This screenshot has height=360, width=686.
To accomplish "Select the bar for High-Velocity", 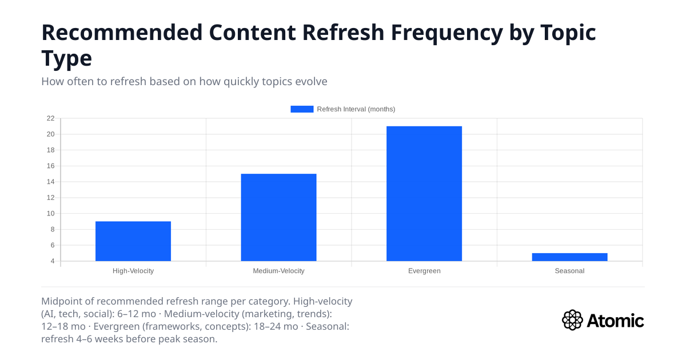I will click(x=133, y=241).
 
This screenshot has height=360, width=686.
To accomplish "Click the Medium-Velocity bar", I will click(x=278, y=218).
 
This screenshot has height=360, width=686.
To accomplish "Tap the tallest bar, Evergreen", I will click(x=424, y=194).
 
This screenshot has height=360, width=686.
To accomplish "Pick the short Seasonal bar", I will click(x=569, y=257).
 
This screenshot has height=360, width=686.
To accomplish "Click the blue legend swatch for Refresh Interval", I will click(x=302, y=109).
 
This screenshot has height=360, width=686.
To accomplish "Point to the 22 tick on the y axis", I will click(x=50, y=118).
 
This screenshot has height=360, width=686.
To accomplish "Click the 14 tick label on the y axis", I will click(x=50, y=182).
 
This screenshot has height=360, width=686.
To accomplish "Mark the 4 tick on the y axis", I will click(x=52, y=261).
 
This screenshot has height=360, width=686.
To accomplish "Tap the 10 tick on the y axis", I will click(x=50, y=214).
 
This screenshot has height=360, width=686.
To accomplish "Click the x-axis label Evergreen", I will click(x=424, y=271).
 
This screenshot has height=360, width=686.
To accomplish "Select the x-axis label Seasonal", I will click(x=569, y=271).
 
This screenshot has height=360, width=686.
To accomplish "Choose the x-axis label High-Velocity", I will click(x=133, y=271).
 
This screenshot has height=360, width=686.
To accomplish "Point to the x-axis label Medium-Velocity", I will click(x=278, y=271).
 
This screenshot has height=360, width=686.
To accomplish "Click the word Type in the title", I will click(x=66, y=58).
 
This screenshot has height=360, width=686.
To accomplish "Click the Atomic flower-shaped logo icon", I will click(x=572, y=320).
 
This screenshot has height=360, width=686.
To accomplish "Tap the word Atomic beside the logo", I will click(x=615, y=321).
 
